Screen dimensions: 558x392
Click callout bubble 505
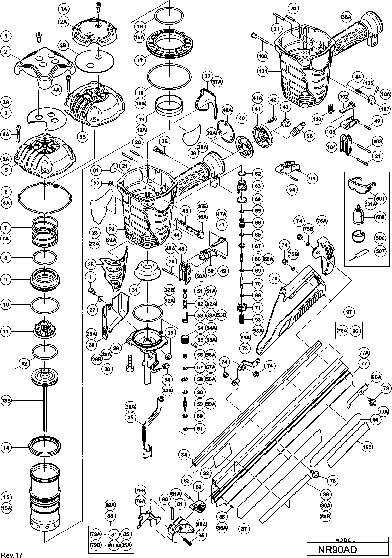pos(380,217)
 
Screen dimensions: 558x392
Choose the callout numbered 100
pos(263,56)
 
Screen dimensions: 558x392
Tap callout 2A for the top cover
pos(64,22)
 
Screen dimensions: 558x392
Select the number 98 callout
pos(309,136)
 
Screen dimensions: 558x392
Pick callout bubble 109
pos(367,447)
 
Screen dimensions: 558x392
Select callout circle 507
pos(380,251)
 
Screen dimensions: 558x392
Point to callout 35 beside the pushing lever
pos(131,418)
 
